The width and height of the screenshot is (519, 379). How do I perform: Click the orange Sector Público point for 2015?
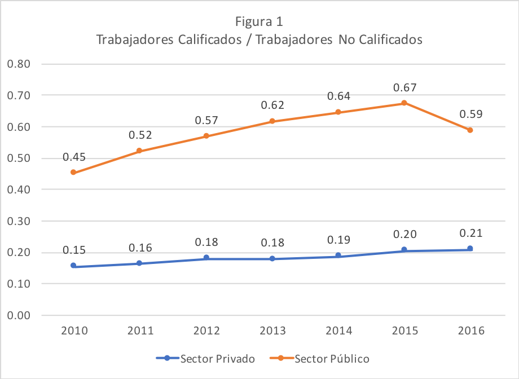pyautogui.click(x=404, y=103)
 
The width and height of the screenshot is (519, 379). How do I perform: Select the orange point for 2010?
pyautogui.click(x=73, y=173)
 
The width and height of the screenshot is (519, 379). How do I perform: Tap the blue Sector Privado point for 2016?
pyautogui.click(x=470, y=248)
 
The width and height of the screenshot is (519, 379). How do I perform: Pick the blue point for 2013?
pyautogui.click(x=272, y=258)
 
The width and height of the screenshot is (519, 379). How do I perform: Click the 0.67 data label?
pyautogui.click(x=405, y=88)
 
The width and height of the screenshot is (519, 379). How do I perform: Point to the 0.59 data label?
pyautogui.click(x=471, y=114)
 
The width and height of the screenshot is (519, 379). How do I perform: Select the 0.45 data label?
pyautogui.click(x=74, y=157)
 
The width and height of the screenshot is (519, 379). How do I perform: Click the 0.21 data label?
pyautogui.click(x=471, y=233)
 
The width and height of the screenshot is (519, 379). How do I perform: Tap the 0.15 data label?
pyautogui.click(x=74, y=250)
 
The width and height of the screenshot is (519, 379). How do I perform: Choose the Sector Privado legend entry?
pyautogui.click(x=205, y=359)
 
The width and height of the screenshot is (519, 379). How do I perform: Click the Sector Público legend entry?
pyautogui.click(x=319, y=359)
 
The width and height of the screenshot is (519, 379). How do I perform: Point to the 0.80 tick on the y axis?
pyautogui.click(x=19, y=64)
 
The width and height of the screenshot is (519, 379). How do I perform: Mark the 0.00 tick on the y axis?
pyautogui.click(x=19, y=315)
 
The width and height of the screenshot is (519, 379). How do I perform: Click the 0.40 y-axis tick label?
pyautogui.click(x=19, y=189)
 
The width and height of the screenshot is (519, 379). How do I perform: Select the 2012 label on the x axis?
pyautogui.click(x=206, y=330)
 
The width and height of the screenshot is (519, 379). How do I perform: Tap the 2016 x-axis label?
pyautogui.click(x=471, y=330)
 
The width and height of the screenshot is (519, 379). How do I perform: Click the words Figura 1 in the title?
pyautogui.click(x=259, y=21)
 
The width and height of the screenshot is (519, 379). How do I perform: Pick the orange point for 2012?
pyautogui.click(x=206, y=136)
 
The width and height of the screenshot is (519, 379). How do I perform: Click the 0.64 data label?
pyautogui.click(x=338, y=96)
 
